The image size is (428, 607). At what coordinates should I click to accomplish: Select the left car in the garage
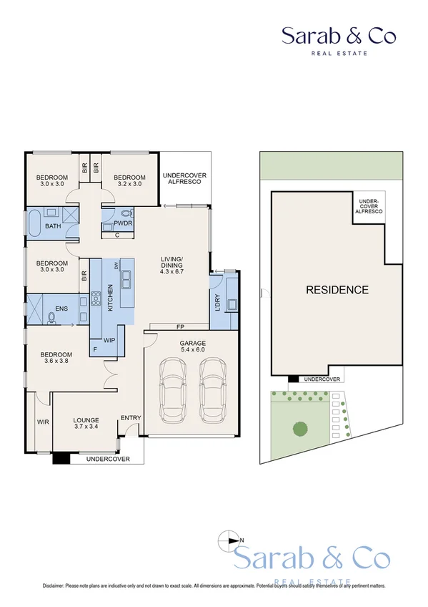pyautogui.click(x=172, y=392)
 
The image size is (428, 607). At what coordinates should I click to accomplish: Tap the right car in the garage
pyautogui.click(x=212, y=392)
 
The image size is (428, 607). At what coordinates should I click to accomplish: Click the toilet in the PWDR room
pyautogui.click(x=126, y=213)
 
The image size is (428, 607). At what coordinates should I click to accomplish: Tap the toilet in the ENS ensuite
pyautogui.click(x=51, y=317)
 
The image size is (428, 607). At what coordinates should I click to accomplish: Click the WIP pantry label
pyautogui.click(x=110, y=340)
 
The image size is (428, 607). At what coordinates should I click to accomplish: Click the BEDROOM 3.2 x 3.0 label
pyautogui.click(x=129, y=180)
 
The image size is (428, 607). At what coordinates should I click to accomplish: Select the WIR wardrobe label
pyautogui.click(x=42, y=422)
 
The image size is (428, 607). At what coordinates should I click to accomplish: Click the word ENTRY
pyautogui.click(x=131, y=418)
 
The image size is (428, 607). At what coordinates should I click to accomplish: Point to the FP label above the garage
pyautogui.click(x=181, y=328)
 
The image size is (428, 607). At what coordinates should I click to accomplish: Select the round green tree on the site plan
pyautogui.click(x=300, y=429)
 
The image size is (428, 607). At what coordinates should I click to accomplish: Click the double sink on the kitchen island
pyautogui.click(x=126, y=278)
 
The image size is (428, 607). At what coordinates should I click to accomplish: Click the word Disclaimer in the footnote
pyautogui.click(x=57, y=586)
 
